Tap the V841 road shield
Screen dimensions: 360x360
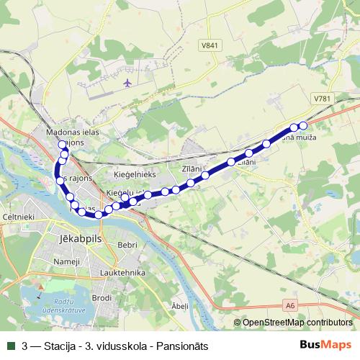(x=210, y=45)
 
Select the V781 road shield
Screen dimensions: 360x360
(x=322, y=97)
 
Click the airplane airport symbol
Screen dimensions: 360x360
(x=129, y=83)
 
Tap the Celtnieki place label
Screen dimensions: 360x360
(x=17, y=216)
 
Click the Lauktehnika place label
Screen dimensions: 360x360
(x=123, y=274)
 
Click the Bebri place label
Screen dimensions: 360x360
(x=127, y=245)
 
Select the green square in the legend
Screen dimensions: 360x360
(x=9, y=346)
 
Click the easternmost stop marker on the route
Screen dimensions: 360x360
(x=303, y=126)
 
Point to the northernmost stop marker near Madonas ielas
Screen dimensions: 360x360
(x=62, y=145)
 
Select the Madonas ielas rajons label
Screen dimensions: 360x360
(x=71, y=137)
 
